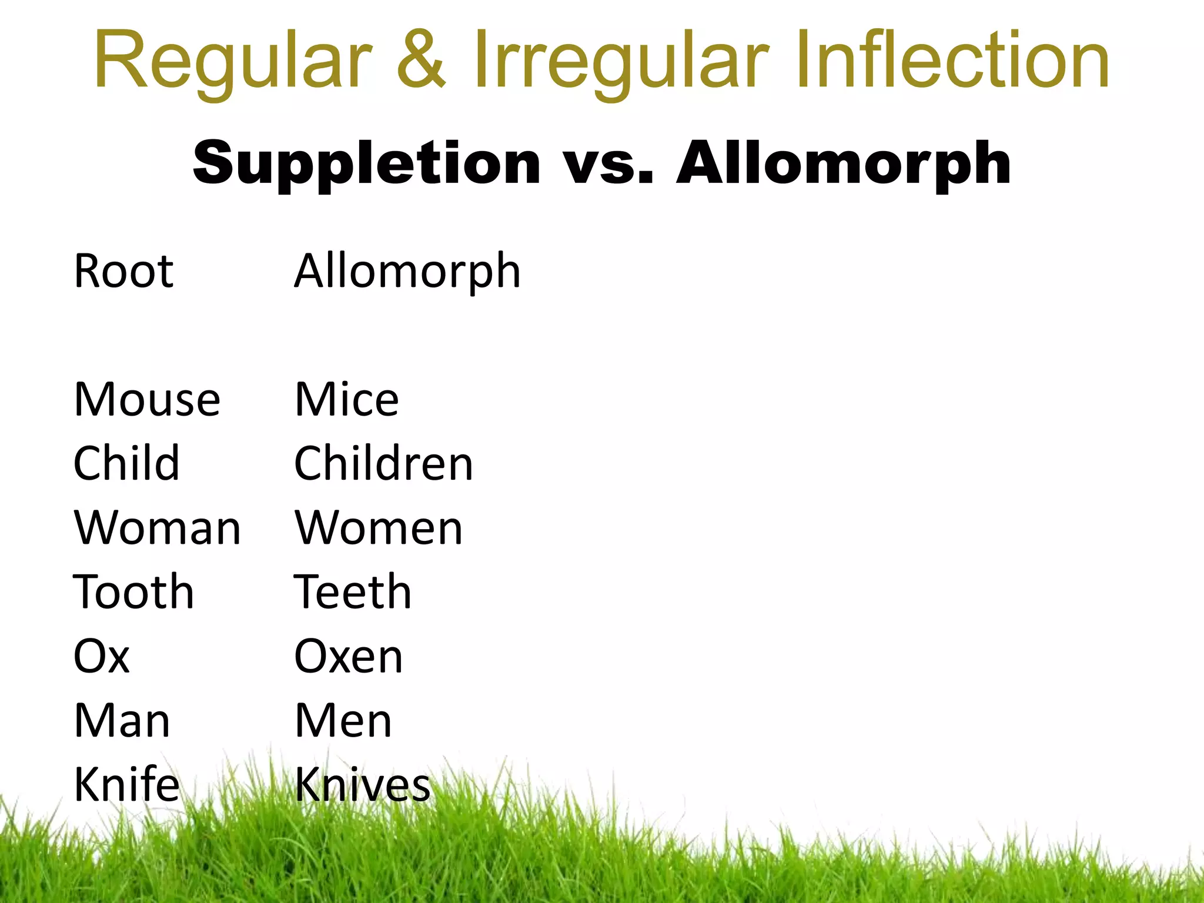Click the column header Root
click(123, 271)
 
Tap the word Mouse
click(147, 399)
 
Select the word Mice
click(347, 399)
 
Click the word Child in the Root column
click(126, 463)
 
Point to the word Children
click(383, 463)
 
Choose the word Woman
click(158, 527)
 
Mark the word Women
click(379, 527)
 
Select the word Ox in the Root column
click(101, 655)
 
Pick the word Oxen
click(349, 655)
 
